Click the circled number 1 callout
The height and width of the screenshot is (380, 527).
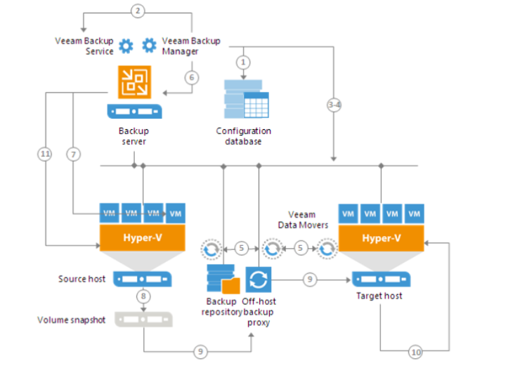[243, 63]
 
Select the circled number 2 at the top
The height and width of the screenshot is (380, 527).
[138, 11]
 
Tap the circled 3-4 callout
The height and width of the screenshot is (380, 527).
[334, 105]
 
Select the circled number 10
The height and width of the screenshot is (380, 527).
[415, 353]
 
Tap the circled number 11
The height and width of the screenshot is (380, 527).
[46, 152]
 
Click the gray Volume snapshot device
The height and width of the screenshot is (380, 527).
[143, 320]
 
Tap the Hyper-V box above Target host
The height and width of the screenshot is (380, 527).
[382, 238]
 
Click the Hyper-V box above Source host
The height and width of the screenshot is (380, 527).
[143, 238]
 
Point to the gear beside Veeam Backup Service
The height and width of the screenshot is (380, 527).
[125, 46]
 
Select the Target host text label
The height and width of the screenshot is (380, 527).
[379, 296]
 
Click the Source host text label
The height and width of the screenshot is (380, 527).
[82, 279]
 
